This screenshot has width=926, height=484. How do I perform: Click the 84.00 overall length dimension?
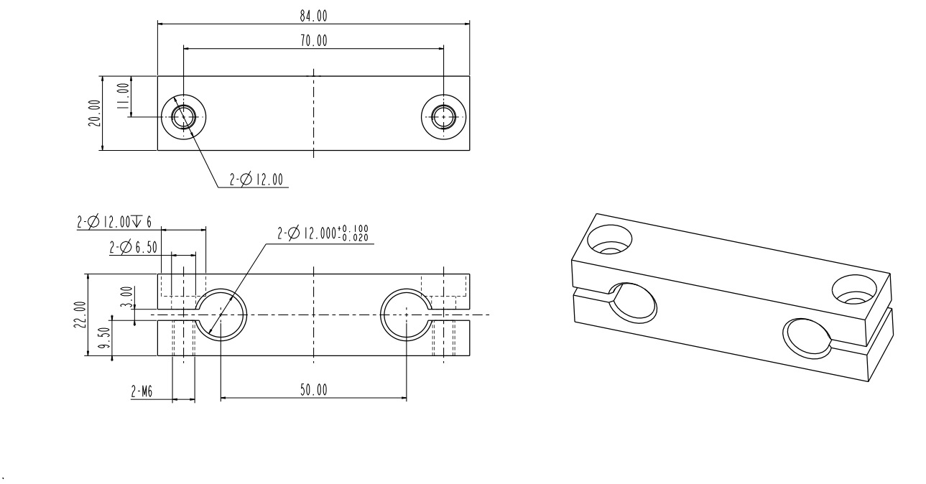point(312,17)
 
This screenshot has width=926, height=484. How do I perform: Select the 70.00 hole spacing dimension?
point(312,41)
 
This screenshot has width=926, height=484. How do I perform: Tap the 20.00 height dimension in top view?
point(94,113)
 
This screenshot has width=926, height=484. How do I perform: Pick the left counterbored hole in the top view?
point(183,116)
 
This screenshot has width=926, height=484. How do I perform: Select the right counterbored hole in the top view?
point(443,116)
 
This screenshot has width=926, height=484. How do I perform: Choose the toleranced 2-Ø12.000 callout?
point(325,234)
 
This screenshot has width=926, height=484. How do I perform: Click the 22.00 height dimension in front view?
point(79,315)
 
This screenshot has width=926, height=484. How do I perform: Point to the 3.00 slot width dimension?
point(126,294)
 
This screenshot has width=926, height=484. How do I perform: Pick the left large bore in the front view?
point(221,315)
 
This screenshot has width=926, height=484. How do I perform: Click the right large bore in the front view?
point(406,315)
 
